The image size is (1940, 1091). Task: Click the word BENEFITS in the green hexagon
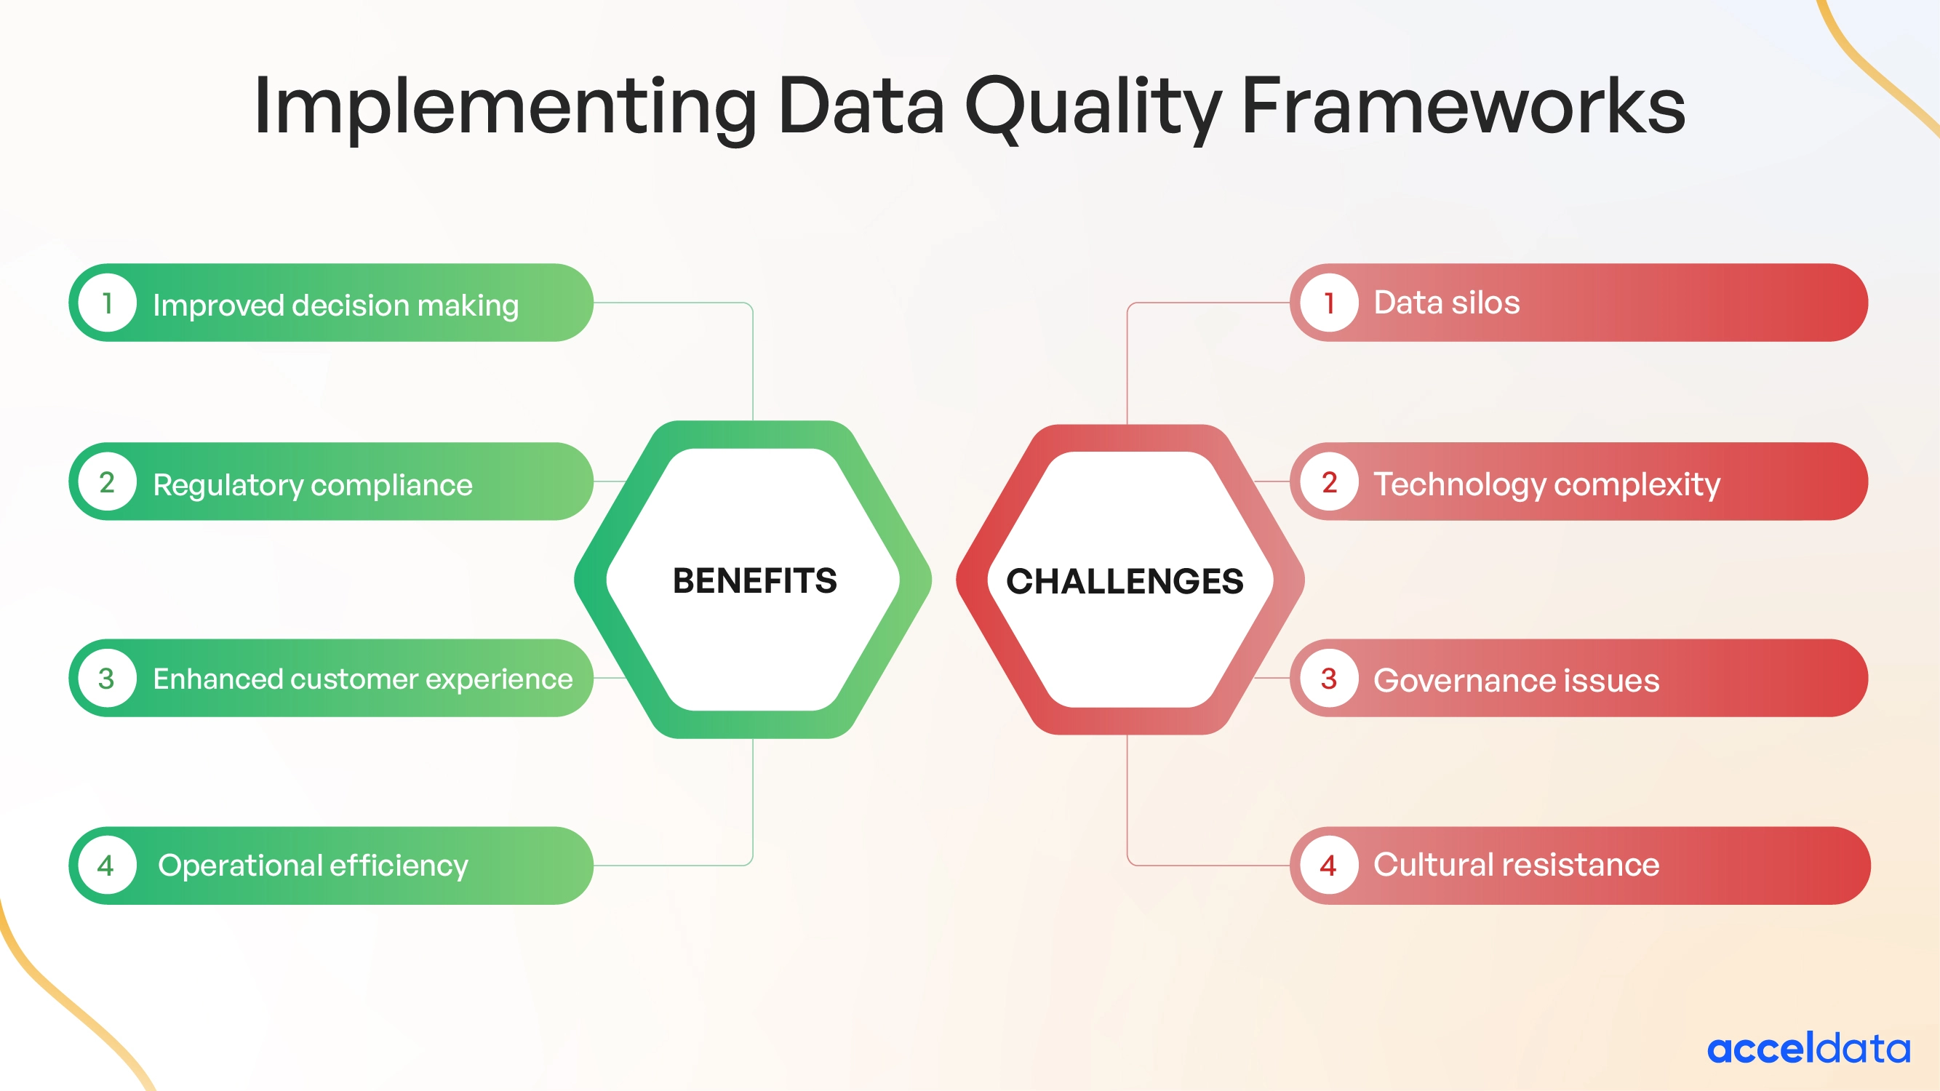click(x=754, y=580)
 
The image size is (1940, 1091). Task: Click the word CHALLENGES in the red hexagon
click(x=1125, y=581)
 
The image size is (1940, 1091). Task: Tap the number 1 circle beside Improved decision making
click(x=107, y=303)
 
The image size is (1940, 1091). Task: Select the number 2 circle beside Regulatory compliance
click(x=107, y=482)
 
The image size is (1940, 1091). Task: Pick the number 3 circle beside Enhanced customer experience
click(x=107, y=679)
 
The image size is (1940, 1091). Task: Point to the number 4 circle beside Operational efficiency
click(x=107, y=865)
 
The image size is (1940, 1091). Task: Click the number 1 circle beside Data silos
click(x=1329, y=303)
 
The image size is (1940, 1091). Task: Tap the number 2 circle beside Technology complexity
click(x=1329, y=482)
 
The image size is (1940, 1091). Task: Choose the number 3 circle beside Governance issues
click(x=1329, y=679)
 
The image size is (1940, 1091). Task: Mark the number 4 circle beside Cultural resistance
click(x=1329, y=865)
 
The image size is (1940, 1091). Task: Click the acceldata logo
click(x=1808, y=1048)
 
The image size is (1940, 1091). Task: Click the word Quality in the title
click(x=1093, y=107)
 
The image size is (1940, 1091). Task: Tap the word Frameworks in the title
click(x=1463, y=107)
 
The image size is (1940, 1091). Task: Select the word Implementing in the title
click(x=505, y=107)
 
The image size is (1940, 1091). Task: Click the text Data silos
click(x=1446, y=303)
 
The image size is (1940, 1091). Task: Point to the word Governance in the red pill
click(x=1465, y=681)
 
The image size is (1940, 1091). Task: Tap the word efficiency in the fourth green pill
click(x=399, y=866)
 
